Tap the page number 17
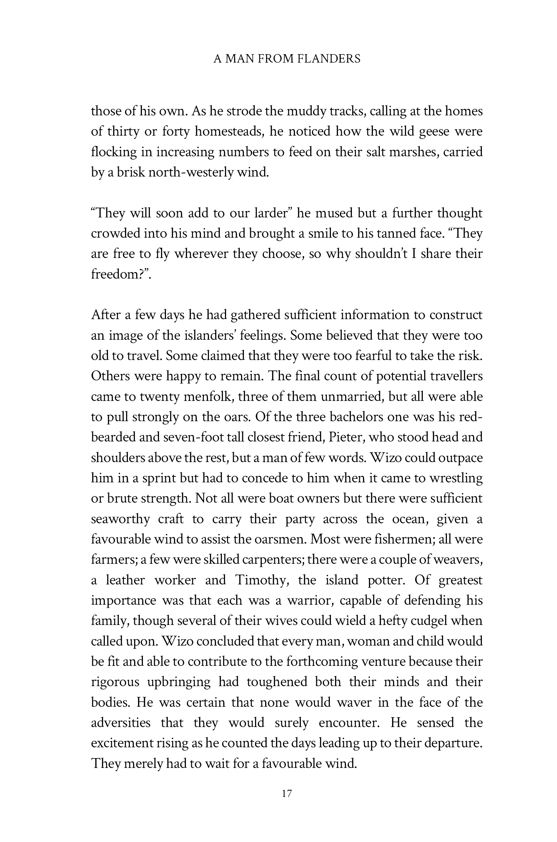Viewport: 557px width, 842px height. tap(287, 793)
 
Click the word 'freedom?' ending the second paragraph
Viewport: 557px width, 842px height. tap(119, 274)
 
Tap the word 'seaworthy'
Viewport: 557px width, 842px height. tap(121, 519)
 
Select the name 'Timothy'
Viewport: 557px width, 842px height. tap(261, 580)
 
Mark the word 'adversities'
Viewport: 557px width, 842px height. tap(121, 723)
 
